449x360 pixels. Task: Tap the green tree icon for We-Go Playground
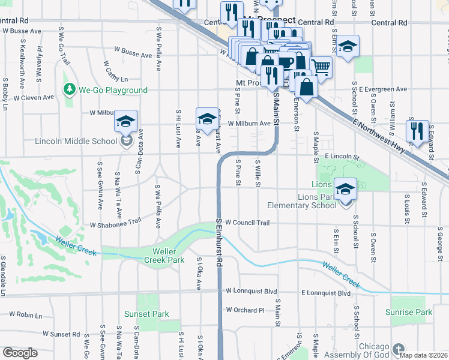coord(70,90)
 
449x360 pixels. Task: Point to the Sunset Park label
coord(146,314)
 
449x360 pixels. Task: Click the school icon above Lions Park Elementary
coord(345,189)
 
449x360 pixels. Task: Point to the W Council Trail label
coord(247,223)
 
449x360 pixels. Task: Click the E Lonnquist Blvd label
coord(325,293)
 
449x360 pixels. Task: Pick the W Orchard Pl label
coord(245,310)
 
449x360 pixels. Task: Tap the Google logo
coord(20,353)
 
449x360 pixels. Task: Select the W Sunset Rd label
coord(61,334)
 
